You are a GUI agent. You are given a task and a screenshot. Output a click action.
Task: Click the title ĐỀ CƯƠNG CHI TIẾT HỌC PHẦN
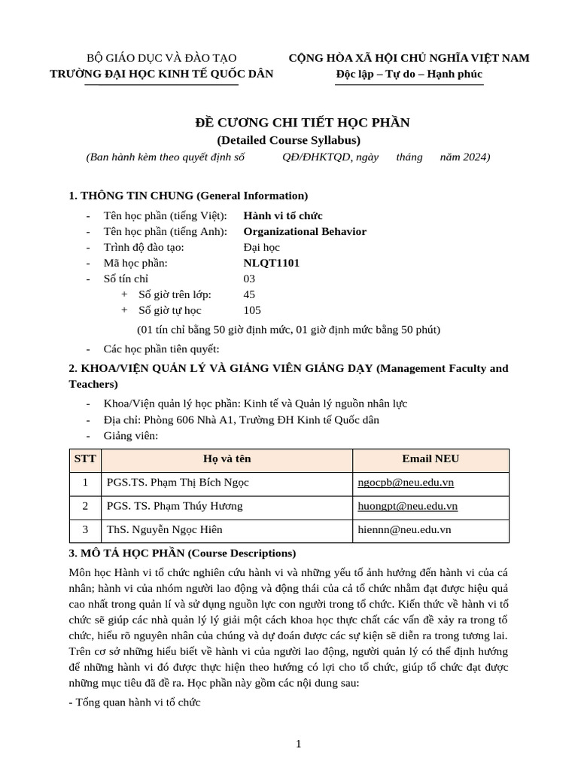point(288,123)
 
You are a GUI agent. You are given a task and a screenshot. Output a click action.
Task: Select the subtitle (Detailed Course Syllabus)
point(288,139)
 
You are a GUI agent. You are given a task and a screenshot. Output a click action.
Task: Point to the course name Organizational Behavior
point(305,231)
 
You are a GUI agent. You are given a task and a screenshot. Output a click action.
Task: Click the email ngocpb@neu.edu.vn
point(405,483)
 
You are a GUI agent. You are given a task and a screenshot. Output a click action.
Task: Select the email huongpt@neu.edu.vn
point(407,506)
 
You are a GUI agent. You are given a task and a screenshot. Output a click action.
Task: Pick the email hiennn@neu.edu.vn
point(404,529)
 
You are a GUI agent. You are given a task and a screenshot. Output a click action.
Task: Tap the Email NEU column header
point(430,459)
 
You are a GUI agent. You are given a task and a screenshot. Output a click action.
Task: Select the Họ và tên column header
point(227,459)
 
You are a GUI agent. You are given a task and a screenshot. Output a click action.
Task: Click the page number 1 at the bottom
point(299,745)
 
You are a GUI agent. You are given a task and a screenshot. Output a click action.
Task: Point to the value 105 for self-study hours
point(254,310)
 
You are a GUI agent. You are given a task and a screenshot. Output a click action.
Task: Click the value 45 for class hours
point(250,294)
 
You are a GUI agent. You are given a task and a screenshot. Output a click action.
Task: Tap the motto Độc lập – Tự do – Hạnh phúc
point(409,74)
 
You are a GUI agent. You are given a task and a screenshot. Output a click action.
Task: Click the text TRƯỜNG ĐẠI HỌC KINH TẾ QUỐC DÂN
point(162,74)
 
